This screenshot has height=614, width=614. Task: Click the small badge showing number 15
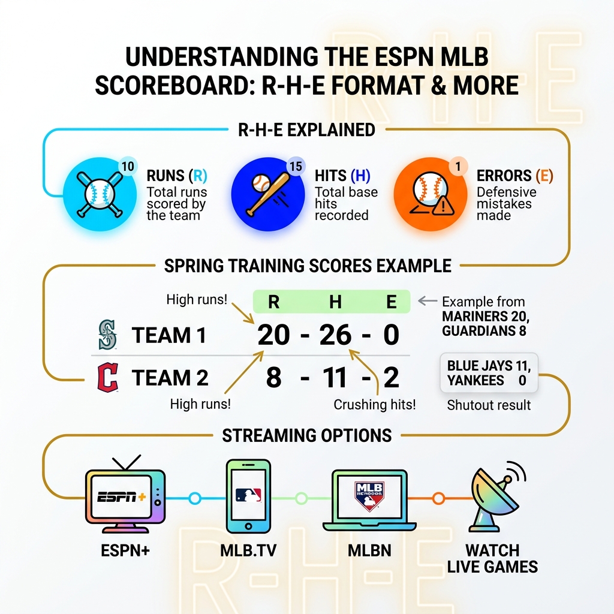295,166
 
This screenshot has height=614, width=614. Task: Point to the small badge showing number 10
127,166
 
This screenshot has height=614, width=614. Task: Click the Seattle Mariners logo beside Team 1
108,335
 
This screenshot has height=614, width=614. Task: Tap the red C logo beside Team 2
108,378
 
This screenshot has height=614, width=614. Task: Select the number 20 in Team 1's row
274,335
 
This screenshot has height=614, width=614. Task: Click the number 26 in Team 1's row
335,335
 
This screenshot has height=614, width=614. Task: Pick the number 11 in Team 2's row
333,378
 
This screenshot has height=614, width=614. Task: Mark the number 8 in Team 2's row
273,378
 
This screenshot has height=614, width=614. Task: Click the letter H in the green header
335,302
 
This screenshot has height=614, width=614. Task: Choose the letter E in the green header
391,302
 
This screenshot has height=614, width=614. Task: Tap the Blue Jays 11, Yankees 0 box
489,372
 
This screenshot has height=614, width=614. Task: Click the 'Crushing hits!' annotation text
374,405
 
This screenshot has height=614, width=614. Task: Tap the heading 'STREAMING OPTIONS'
306,435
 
